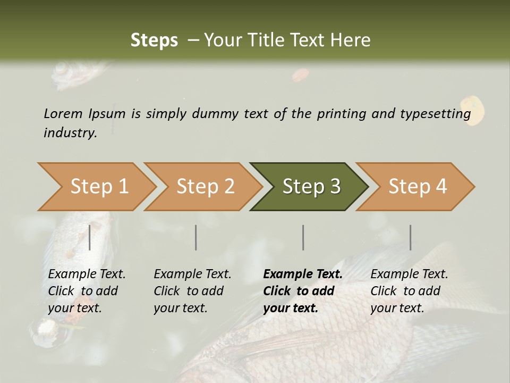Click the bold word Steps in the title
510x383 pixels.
coord(154,40)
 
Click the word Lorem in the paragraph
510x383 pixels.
coord(63,113)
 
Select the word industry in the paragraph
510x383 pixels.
coord(70,132)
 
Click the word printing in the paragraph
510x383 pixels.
coord(342,113)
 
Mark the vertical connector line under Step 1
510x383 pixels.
coord(90,237)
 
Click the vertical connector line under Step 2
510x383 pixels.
coord(196,237)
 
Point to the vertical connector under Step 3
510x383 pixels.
coord(303,237)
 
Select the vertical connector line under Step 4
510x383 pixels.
coord(410,237)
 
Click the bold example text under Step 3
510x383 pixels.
coord(302,291)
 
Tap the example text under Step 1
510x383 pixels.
coord(86,291)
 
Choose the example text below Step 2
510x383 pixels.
coord(192,291)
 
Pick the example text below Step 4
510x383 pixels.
coord(409,291)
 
